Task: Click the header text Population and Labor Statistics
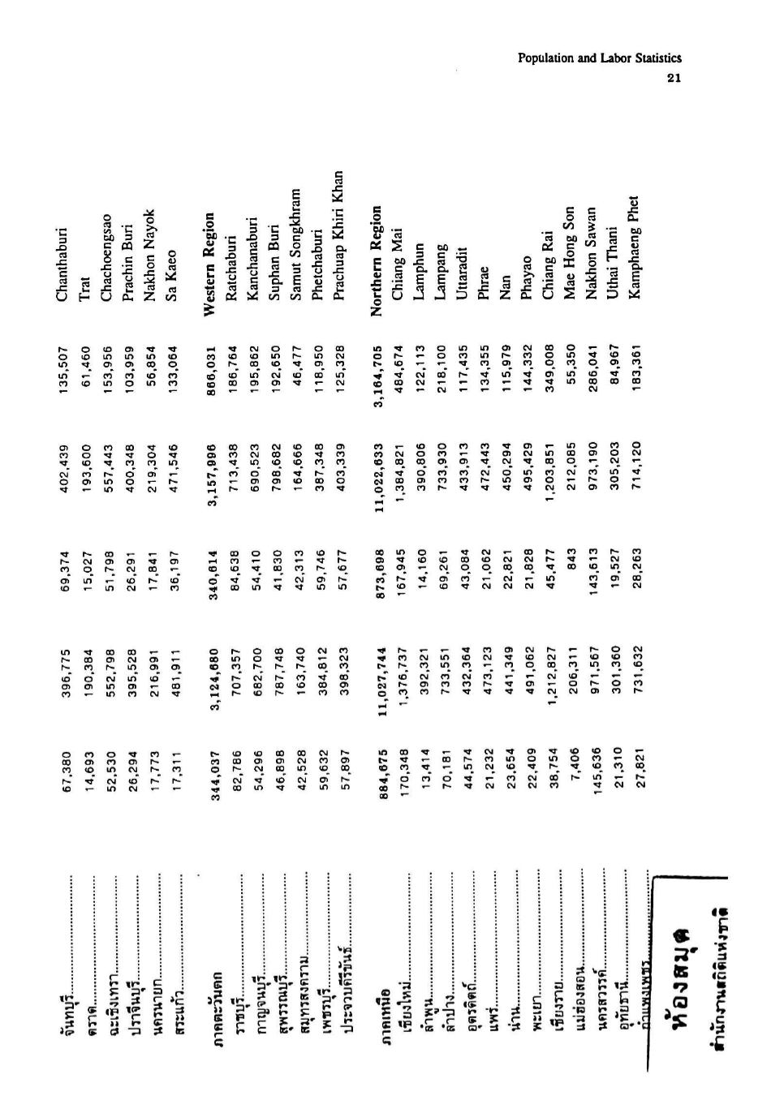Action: [599, 58]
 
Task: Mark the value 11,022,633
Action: [377, 467]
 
